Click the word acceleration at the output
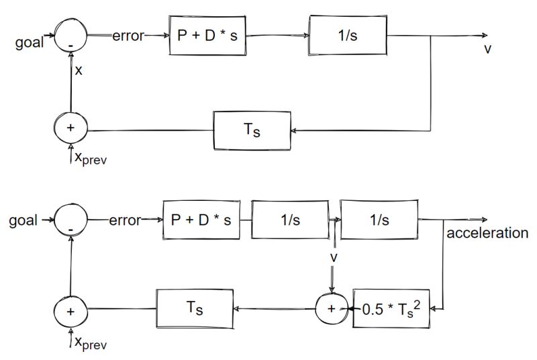pos(487,233)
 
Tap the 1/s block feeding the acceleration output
pos(380,219)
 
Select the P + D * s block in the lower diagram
pos(201,220)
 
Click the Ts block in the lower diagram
pos(195,308)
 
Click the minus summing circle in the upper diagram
pos(71,34)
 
